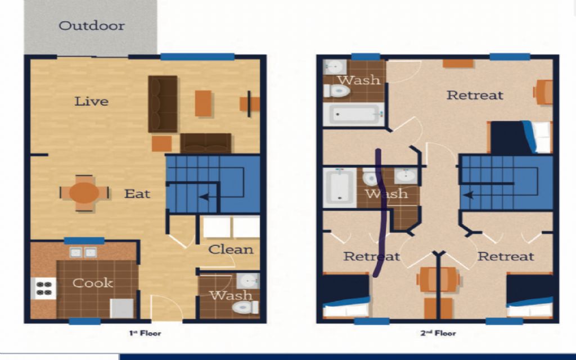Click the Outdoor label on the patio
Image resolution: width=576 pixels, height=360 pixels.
coord(92,25)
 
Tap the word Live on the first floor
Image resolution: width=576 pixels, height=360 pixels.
coord(92,101)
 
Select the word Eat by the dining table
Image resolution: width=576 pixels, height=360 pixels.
coord(137,193)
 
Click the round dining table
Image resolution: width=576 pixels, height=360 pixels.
coord(84,193)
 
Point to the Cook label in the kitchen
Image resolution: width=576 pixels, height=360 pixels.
coord(93,282)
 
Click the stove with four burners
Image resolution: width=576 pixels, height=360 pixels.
coord(44,288)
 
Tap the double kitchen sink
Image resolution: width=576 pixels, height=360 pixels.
coord(83,253)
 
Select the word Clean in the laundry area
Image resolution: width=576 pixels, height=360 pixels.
coord(231,249)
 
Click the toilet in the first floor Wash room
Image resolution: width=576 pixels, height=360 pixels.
coord(246,307)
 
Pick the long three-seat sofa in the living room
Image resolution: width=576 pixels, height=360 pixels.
coord(163,104)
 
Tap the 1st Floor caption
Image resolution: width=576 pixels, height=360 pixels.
coord(145,333)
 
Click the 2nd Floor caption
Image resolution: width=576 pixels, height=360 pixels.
coord(438,333)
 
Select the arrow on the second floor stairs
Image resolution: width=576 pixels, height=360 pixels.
coord(469,195)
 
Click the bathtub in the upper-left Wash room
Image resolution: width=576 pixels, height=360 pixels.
coord(353,115)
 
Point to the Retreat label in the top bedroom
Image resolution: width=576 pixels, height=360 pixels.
coord(475,95)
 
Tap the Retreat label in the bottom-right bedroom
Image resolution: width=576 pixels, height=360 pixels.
coord(506,256)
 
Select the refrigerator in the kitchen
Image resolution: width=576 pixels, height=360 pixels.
coord(122,308)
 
